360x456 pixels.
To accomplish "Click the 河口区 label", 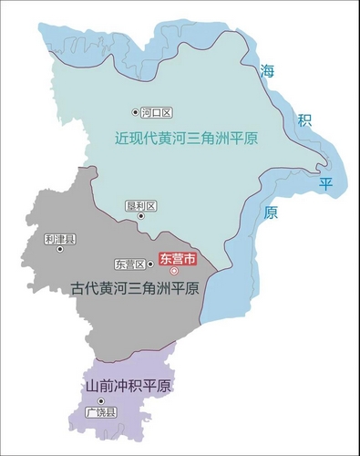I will pyautogui.click(x=158, y=113).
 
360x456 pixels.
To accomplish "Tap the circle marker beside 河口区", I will pyautogui.click(x=137, y=113).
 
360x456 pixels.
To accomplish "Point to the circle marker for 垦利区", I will pyautogui.click(x=140, y=216).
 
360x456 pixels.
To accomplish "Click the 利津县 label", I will pyautogui.click(x=59, y=239).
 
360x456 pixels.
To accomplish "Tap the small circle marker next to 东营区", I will pyautogui.click(x=150, y=264).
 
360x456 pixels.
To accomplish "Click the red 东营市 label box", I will pyautogui.click(x=178, y=258).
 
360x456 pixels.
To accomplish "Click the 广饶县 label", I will pyautogui.click(x=101, y=413).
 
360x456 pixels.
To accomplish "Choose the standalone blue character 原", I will pyautogui.click(x=271, y=213).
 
